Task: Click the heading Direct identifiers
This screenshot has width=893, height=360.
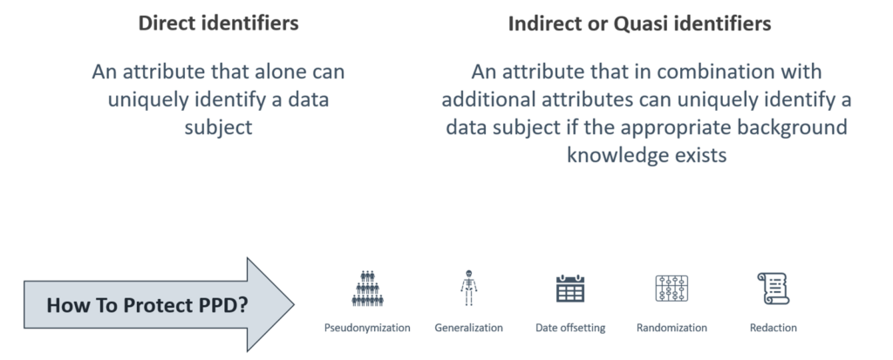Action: tap(219, 24)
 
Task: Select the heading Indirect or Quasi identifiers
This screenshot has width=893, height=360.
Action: tap(639, 24)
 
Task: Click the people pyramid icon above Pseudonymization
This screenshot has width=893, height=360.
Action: tap(367, 289)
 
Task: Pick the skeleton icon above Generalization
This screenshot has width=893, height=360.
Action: tap(468, 289)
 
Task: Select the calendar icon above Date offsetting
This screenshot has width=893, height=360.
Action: tap(570, 289)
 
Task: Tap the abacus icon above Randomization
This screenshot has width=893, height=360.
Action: tap(671, 289)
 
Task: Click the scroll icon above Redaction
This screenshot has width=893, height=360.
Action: tap(773, 289)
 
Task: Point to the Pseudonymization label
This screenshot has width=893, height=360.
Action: tap(367, 328)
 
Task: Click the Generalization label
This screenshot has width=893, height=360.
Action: tap(468, 328)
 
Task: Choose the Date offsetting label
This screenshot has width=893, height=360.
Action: tap(570, 328)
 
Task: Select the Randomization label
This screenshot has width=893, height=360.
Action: tap(671, 328)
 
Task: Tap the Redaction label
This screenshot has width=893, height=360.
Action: tap(774, 328)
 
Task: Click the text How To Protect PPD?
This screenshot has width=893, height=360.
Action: tap(147, 305)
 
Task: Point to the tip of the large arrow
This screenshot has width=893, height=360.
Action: tap(294, 305)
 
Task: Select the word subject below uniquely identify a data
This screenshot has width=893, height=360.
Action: tap(218, 127)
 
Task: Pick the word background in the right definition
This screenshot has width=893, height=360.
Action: tap(790, 127)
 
